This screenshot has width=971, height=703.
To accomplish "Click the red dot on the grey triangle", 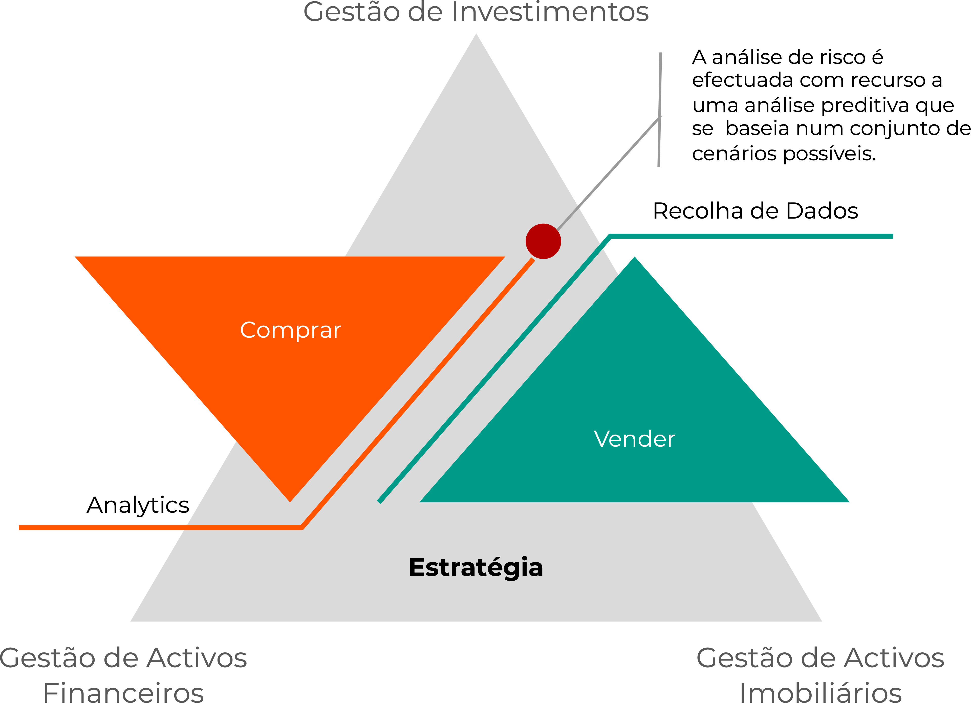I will [x=543, y=241].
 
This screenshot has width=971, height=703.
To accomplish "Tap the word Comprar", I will [x=290, y=330].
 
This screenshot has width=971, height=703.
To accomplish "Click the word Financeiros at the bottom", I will [x=123, y=691].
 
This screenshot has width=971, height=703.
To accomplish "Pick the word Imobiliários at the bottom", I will [x=820, y=691].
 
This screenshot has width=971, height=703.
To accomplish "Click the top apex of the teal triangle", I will [x=635, y=259].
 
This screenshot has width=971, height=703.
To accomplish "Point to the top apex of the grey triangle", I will [x=476, y=35].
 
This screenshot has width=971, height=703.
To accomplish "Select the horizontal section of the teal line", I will [x=749, y=236].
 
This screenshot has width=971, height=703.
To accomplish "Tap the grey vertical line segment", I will [x=660, y=86].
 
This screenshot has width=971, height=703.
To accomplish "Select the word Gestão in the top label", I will [x=351, y=12].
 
